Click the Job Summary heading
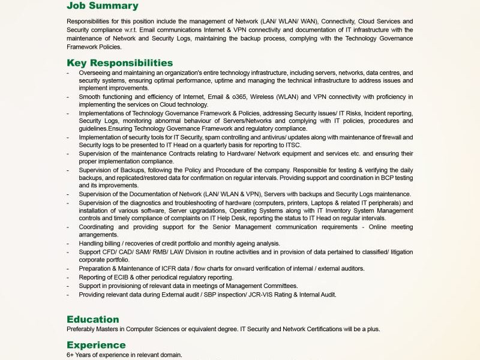(x=102, y=6)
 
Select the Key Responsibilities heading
(x=119, y=63)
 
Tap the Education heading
(x=93, y=319)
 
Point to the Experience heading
(x=96, y=345)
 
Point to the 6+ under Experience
(x=70, y=355)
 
